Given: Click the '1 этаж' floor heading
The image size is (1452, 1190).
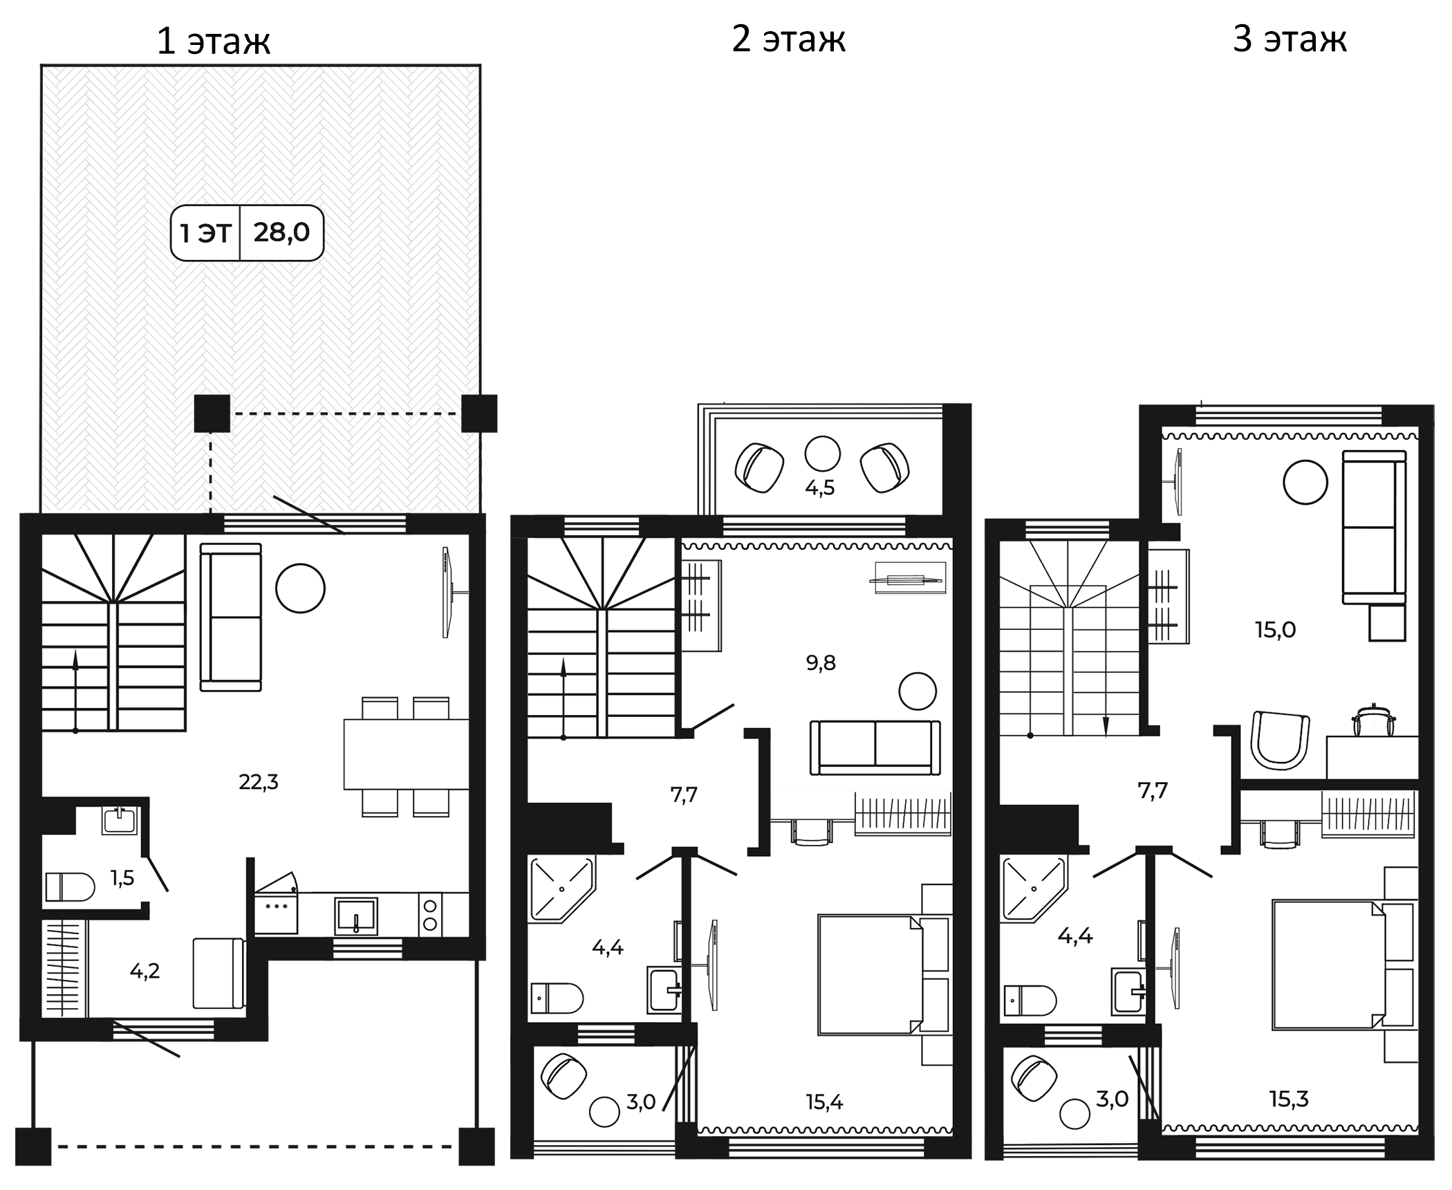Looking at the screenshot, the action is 214,41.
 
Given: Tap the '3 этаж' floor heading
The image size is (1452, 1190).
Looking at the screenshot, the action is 1290,39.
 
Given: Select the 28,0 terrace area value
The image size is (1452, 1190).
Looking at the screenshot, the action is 281,232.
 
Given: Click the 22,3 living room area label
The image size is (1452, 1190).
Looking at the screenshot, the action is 259,782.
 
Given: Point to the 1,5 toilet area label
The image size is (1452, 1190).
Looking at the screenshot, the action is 122,878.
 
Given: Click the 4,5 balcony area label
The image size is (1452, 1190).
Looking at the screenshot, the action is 819,488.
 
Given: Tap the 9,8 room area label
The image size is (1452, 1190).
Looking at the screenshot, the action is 821,663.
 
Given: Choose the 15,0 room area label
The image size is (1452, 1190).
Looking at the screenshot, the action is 1275,630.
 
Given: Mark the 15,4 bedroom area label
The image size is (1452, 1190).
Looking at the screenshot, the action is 824,1102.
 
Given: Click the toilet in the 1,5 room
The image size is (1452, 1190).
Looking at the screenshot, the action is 70,887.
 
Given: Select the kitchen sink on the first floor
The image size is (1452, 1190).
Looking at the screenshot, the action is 356,916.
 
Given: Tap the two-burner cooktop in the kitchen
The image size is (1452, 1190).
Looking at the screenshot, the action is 430,914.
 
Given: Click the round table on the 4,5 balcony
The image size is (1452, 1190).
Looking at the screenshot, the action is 822,454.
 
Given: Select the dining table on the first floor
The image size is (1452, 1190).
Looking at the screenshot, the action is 406,754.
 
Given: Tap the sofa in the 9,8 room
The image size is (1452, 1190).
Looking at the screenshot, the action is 875,748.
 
